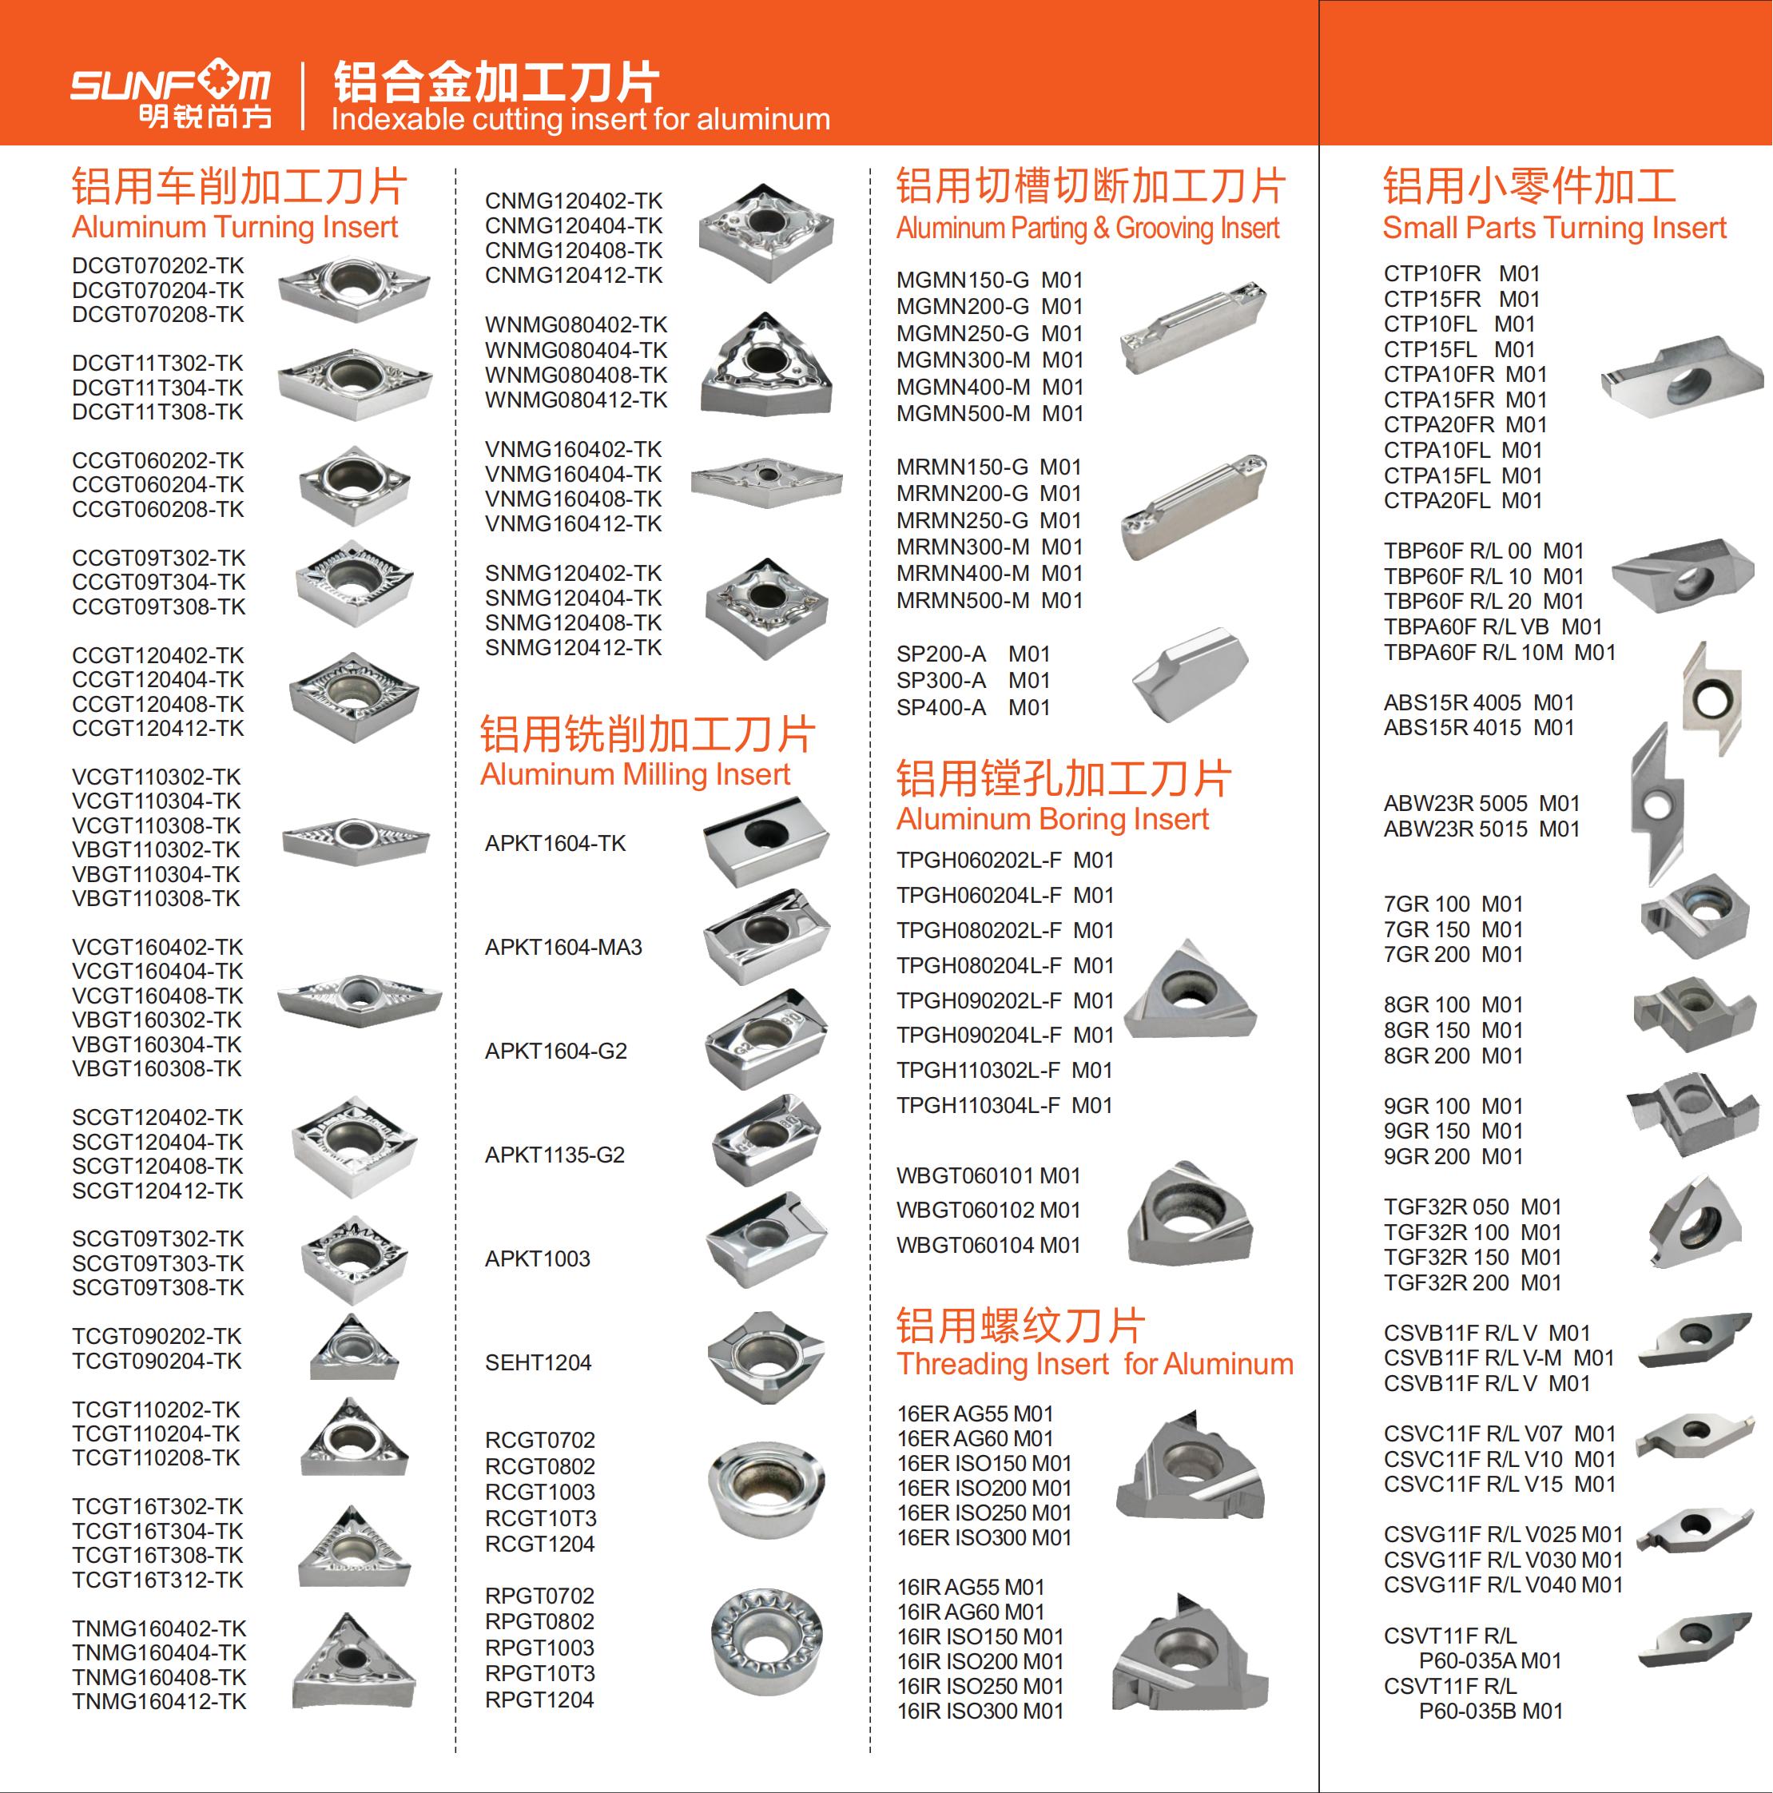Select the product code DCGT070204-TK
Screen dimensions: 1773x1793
158,291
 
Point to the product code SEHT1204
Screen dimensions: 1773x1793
539,1362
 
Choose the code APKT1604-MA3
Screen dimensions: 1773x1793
563,948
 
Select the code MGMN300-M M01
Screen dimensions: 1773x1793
989,360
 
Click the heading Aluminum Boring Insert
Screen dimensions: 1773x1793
1052,818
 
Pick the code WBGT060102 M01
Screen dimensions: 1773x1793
988,1211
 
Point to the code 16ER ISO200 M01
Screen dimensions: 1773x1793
984,1488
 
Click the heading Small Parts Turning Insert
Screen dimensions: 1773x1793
1555,228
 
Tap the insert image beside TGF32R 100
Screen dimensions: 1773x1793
1695,1222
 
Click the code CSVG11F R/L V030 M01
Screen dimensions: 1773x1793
1503,1560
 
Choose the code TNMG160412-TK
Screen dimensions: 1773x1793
160,1702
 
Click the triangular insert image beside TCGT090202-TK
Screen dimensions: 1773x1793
354,1346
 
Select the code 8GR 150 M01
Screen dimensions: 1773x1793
1453,1030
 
